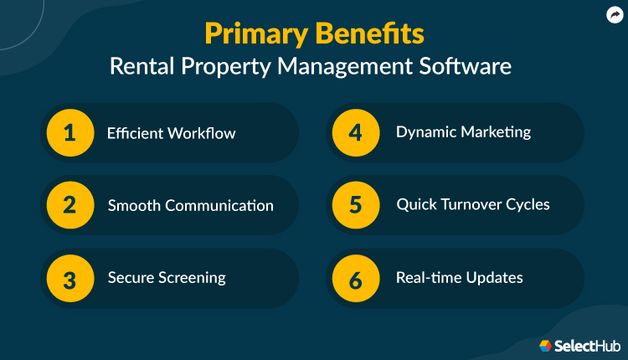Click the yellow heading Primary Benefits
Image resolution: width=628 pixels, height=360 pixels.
pos(314,34)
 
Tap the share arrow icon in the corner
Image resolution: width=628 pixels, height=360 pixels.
pos(613,13)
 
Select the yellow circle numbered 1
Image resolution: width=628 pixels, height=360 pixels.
pos(69,133)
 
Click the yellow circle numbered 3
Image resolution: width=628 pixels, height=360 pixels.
pos(69,278)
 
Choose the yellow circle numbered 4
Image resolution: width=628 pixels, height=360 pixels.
pos(356,133)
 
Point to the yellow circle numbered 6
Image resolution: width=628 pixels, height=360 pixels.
pos(356,278)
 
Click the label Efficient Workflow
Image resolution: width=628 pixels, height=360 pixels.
pos(171,133)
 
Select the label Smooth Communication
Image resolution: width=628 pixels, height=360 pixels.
pos(190,206)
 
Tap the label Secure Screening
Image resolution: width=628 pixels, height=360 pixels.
pos(166,278)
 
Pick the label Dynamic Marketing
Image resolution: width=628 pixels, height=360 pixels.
pos(463,132)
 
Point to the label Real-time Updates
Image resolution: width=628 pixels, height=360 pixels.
pos(459,278)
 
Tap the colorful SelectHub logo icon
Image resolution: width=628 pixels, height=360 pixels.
pos(545,345)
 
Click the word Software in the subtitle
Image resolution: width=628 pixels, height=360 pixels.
pos(475,66)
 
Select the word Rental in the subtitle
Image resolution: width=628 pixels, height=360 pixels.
pos(140,66)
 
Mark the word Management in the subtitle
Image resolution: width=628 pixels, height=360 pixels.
pos(365,66)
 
